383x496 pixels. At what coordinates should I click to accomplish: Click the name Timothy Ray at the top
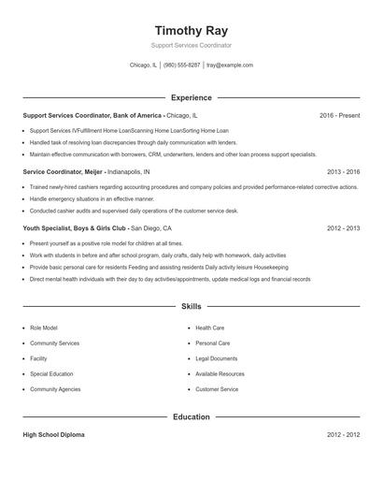click(x=191, y=29)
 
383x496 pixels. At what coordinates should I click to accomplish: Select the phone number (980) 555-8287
click(x=181, y=66)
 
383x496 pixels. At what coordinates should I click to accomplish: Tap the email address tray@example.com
click(x=230, y=66)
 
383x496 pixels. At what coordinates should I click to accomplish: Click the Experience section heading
click(x=191, y=97)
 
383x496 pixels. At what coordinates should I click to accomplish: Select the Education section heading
click(x=191, y=416)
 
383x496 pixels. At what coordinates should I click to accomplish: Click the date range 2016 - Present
click(x=339, y=115)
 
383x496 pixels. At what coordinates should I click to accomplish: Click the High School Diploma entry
click(x=54, y=435)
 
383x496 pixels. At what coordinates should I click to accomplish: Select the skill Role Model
click(x=44, y=328)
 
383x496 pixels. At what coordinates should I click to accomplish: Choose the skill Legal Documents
click(x=216, y=358)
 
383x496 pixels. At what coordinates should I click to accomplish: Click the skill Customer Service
click(x=217, y=388)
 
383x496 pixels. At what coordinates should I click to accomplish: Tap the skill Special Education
click(x=51, y=373)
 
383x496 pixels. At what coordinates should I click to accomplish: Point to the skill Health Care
click(x=210, y=328)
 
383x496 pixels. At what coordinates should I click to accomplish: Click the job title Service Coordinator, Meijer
click(x=63, y=172)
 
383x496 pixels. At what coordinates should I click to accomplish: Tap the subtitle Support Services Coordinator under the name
click(x=191, y=45)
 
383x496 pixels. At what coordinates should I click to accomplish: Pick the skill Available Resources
click(x=220, y=373)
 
